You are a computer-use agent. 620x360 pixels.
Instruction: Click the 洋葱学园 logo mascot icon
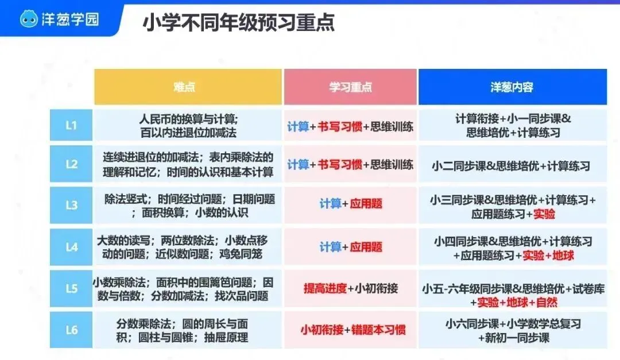29,19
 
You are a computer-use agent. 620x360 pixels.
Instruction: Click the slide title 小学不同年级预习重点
238,22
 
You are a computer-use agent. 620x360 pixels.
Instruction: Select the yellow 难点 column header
188,87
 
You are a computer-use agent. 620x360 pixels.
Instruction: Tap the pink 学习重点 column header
350,87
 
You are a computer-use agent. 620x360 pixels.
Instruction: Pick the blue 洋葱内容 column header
513,87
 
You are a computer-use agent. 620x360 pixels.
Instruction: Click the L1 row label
71,125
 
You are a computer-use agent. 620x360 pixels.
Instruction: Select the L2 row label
71,164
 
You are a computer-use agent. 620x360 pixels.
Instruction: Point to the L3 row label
71,206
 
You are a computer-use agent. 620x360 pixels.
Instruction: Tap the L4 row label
71,247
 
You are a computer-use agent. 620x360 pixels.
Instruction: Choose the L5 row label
71,288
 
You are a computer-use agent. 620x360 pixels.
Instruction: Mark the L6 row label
71,330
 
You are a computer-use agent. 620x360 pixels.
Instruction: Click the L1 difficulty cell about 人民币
188,125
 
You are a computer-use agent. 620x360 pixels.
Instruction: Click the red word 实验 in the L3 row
544,214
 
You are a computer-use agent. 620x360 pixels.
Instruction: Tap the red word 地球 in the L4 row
563,256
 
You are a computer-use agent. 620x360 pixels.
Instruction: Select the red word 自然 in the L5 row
547,303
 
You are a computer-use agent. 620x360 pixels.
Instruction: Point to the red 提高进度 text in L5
325,288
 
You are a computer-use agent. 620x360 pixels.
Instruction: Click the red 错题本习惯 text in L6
378,330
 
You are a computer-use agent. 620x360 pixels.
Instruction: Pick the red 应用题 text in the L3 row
366,204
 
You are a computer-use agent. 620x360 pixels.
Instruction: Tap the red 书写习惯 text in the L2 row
340,164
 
